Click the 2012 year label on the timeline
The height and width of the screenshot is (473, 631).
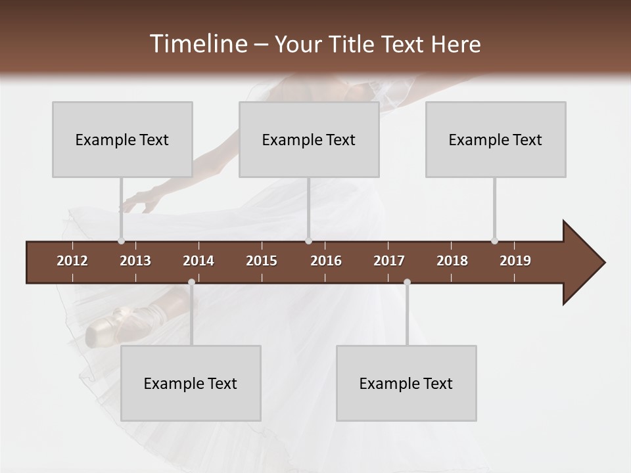click(x=72, y=261)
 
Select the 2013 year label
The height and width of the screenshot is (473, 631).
click(x=135, y=261)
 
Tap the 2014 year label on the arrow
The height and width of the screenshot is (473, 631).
click(x=199, y=261)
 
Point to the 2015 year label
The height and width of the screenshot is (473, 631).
click(x=262, y=261)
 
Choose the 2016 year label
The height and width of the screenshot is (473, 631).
click(x=326, y=261)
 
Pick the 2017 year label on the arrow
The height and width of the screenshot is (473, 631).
click(x=389, y=261)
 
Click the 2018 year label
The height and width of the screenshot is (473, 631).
click(x=452, y=261)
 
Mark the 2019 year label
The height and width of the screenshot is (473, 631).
click(x=515, y=261)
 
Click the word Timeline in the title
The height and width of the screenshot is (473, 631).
click(x=198, y=44)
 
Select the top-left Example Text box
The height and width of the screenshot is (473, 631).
click(x=122, y=139)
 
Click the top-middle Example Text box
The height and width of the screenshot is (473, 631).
click(x=309, y=139)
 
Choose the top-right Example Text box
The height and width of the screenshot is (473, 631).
click(x=496, y=139)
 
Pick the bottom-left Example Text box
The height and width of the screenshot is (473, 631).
click(x=191, y=383)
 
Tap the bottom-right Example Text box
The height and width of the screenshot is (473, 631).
click(x=406, y=383)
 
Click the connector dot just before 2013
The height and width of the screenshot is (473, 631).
click(x=121, y=240)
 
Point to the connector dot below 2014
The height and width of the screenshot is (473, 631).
click(x=191, y=282)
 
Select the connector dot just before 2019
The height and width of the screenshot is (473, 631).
click(x=494, y=240)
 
